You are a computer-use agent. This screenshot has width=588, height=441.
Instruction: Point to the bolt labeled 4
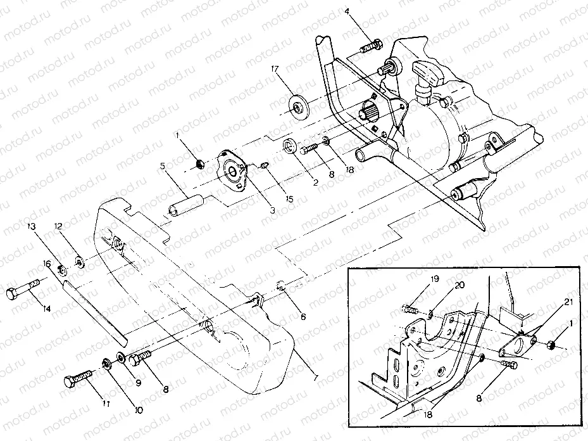click(x=372, y=46)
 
